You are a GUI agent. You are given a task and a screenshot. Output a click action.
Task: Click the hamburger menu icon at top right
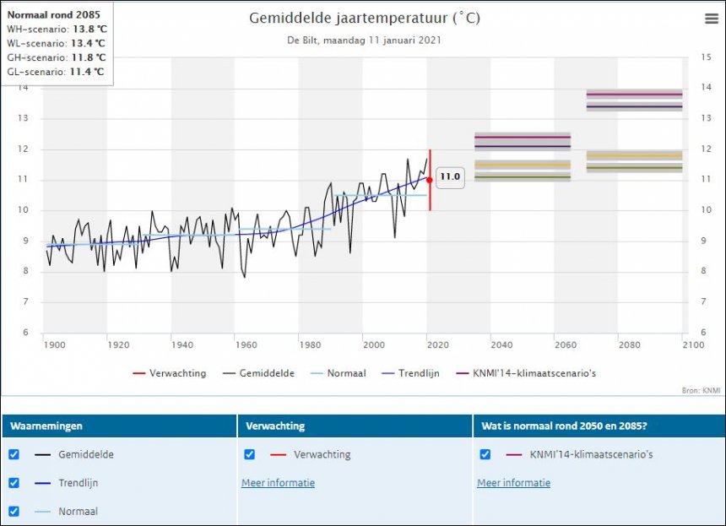pyautogui.click(x=711, y=19)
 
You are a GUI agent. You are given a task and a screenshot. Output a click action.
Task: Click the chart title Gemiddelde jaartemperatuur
pyautogui.click(x=365, y=18)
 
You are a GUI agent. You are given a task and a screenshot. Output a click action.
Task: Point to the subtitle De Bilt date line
pyautogui.click(x=365, y=40)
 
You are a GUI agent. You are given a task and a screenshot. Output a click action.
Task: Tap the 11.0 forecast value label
pyautogui.click(x=450, y=176)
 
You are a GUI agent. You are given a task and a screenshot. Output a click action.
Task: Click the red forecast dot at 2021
pyautogui.click(x=430, y=180)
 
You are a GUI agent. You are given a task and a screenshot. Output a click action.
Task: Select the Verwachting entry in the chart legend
pyautogui.click(x=170, y=373)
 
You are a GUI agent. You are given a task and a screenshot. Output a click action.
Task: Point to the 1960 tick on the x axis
pyautogui.click(x=246, y=344)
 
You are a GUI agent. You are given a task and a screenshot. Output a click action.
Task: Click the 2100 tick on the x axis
pyautogui.click(x=692, y=344)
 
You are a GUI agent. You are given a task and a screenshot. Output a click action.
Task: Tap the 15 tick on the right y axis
pyautogui.click(x=707, y=57)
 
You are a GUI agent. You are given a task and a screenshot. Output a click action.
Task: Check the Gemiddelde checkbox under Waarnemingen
pyautogui.click(x=14, y=454)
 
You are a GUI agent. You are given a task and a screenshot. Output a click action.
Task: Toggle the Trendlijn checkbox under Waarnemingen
pyautogui.click(x=14, y=483)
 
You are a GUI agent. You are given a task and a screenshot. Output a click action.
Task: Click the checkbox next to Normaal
pyautogui.click(x=14, y=511)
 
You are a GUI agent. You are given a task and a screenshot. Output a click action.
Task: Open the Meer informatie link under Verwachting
pyautogui.click(x=278, y=483)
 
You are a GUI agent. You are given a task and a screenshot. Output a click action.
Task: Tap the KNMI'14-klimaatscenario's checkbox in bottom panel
pyautogui.click(x=485, y=454)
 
